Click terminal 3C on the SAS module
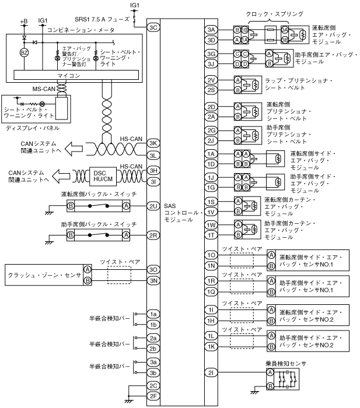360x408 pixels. [153, 27]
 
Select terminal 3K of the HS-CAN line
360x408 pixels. [153, 143]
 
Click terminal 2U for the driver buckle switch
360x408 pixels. [153, 206]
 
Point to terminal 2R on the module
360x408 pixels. [153, 235]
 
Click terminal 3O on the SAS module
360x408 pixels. [153, 269]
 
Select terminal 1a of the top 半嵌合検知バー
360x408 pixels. [153, 314]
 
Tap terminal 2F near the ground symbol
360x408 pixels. [153, 396]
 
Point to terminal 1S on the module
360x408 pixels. [211, 202]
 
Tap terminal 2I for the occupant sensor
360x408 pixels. [211, 372]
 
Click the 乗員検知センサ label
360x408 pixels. [283, 364]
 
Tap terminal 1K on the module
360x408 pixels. [211, 347]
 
